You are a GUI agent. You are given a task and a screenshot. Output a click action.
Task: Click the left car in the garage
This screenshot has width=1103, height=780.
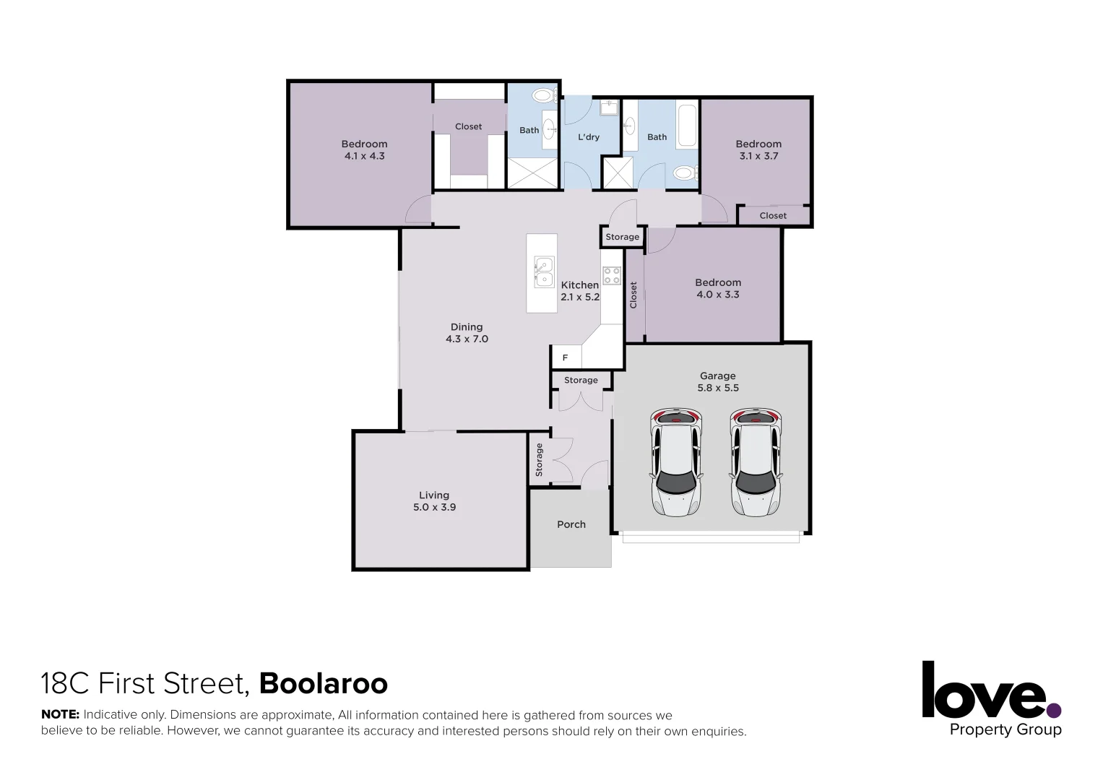click(677, 463)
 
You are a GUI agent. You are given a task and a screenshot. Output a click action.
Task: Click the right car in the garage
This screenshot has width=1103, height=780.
click(756, 463)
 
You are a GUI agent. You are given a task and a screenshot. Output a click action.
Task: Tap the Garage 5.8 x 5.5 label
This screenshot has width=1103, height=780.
click(717, 381)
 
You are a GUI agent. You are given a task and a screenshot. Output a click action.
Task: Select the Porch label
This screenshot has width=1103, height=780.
click(571, 524)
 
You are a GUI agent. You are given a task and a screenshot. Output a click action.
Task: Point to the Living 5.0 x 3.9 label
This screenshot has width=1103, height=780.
click(434, 501)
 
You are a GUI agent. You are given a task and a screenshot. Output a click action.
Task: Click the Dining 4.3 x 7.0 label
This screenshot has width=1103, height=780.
click(467, 333)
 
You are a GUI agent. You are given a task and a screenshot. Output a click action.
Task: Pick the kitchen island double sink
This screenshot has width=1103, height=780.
click(543, 272)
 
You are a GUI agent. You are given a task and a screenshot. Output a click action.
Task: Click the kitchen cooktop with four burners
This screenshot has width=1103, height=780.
click(612, 276)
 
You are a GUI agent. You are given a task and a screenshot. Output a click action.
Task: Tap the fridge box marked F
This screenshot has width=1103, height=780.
click(566, 357)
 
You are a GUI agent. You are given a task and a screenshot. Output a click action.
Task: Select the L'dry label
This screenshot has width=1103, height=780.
click(588, 136)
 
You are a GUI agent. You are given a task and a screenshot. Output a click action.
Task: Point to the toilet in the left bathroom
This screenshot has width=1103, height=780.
click(543, 95)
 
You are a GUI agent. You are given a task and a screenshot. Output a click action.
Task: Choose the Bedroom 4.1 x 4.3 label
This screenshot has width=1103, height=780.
click(364, 149)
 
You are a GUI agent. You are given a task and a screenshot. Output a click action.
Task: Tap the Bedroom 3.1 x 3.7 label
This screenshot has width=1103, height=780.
click(758, 149)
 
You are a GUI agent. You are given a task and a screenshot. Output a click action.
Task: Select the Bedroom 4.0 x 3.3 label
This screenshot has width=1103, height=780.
click(718, 288)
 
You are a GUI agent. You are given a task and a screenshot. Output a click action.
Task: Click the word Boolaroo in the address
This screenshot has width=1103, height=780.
click(324, 683)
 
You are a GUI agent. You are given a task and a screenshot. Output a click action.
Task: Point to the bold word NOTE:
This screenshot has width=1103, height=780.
click(60, 715)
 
